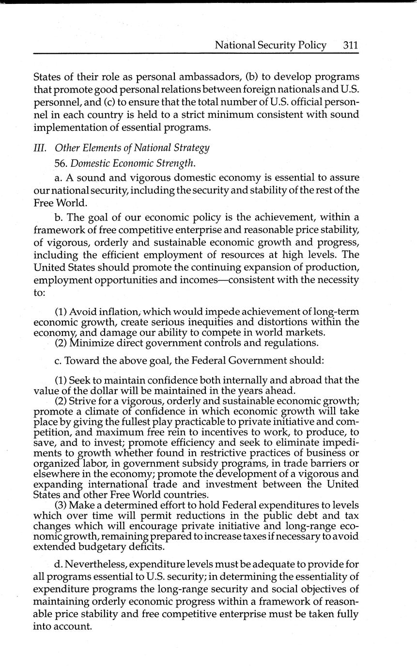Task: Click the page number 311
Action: point(350,46)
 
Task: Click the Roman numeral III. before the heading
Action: point(41,148)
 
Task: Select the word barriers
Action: point(326,463)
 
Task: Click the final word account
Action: point(72,626)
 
